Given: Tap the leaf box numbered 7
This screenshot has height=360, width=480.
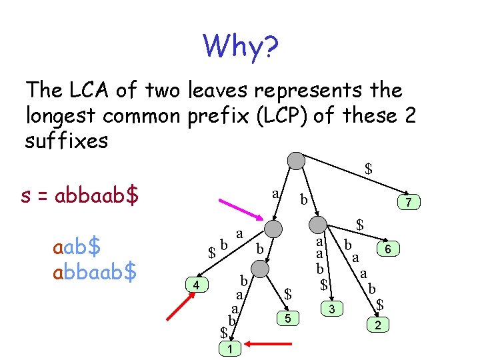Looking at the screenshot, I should (x=404, y=201).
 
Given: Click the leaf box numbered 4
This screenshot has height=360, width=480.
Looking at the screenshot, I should (x=196, y=285).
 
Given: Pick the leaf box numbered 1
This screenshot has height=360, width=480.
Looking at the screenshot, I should (x=229, y=348).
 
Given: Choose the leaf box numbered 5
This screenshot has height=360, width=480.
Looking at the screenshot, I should (x=287, y=319).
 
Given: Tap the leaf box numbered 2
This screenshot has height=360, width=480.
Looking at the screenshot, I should (x=378, y=325).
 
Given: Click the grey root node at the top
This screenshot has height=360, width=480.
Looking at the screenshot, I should (x=296, y=161).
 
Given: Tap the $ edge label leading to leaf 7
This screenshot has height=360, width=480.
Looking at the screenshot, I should (x=368, y=169).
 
